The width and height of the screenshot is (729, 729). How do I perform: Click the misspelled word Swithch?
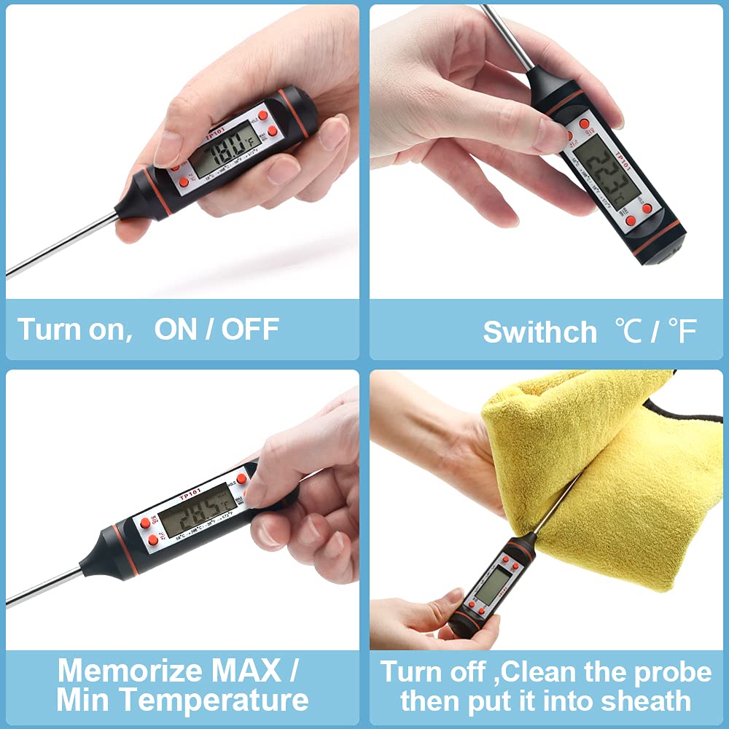(x=539, y=332)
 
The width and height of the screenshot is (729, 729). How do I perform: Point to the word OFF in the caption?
(x=250, y=330)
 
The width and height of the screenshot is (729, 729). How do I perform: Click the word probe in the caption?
(x=667, y=671)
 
